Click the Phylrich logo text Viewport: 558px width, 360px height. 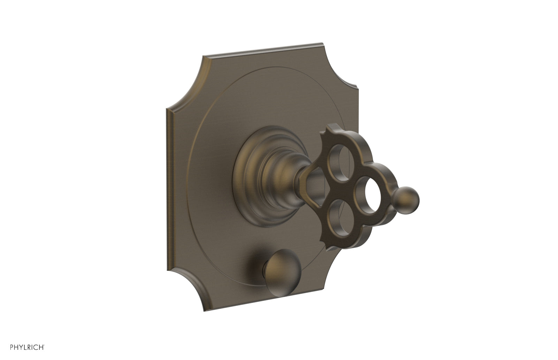pos(27,347)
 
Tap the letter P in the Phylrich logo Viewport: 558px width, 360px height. pos(12,347)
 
